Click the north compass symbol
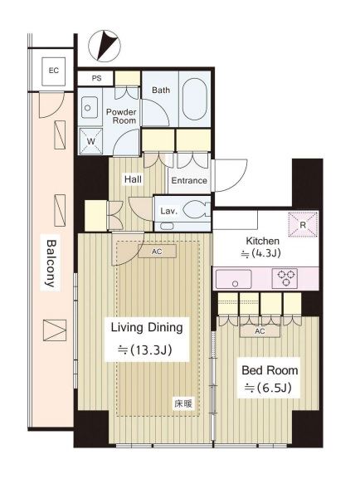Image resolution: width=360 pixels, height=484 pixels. [x=105, y=46]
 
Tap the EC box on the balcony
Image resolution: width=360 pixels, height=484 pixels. [x=54, y=71]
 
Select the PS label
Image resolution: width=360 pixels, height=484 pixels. [x=96, y=78]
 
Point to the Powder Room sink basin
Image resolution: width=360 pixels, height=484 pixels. [x=90, y=107]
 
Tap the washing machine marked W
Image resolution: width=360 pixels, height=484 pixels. [x=90, y=141]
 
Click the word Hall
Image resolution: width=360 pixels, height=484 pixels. [x=133, y=179]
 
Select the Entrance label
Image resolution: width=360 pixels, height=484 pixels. [x=189, y=181]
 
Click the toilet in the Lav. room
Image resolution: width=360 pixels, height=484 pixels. [x=197, y=210]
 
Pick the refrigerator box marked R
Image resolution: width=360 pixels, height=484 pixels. [x=303, y=224]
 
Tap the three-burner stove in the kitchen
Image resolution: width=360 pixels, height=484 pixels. [x=285, y=278]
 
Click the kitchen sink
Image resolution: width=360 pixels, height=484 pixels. [x=234, y=279]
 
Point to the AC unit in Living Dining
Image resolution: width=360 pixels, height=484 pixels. [x=157, y=252]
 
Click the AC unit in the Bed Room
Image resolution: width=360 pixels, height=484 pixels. [x=260, y=331]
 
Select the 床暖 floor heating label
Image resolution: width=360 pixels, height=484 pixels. [x=183, y=403]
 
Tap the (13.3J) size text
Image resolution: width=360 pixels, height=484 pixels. [x=145, y=350]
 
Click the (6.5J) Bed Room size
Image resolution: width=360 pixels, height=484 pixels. [x=268, y=388]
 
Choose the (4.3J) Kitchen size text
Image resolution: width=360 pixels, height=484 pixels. [x=261, y=253]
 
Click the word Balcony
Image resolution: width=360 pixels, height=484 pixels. [x=51, y=264]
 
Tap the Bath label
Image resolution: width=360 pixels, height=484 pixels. [x=161, y=90]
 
